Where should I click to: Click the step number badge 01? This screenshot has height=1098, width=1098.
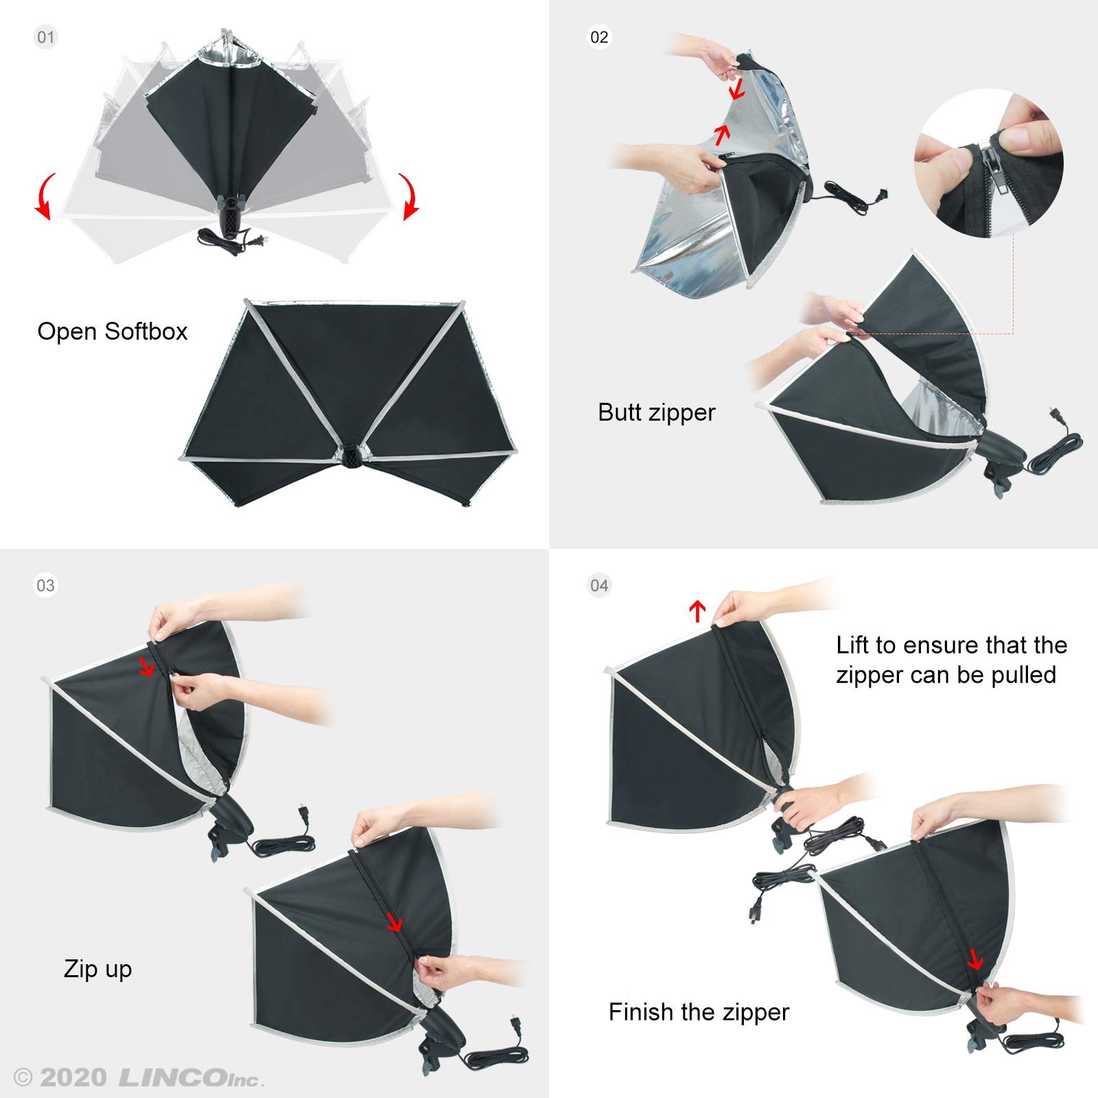point(45,37)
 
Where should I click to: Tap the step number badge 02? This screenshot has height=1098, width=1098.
point(599,37)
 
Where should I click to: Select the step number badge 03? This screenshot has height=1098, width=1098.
point(45,585)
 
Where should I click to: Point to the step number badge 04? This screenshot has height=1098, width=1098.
point(599,585)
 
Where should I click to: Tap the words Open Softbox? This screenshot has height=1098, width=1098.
point(112,331)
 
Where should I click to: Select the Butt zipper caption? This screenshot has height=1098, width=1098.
point(656,412)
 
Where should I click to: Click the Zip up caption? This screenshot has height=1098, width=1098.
point(97,969)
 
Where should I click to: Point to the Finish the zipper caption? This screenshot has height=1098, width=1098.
point(699,1012)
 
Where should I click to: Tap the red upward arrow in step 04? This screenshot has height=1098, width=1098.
point(697,610)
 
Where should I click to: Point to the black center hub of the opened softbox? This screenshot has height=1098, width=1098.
point(352,456)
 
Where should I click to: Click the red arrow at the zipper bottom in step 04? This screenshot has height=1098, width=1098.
point(975,959)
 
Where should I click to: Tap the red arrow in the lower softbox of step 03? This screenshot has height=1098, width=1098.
point(394,922)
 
